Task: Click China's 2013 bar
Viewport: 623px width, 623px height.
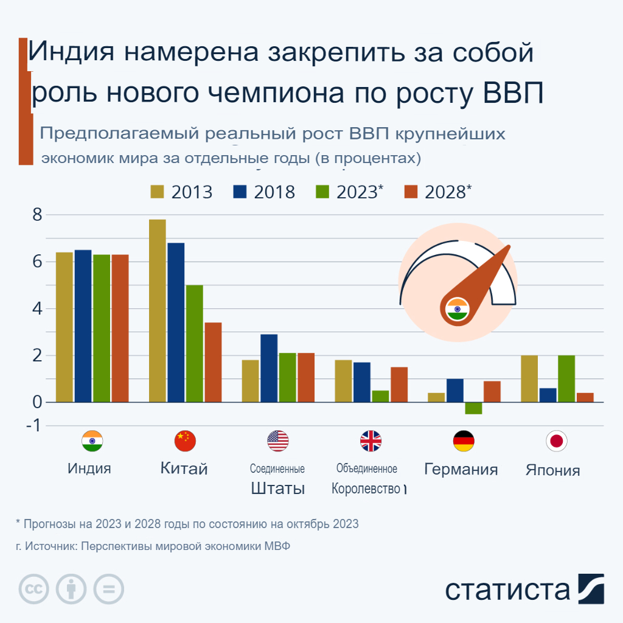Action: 157,310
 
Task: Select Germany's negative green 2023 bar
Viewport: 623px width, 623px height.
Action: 473,408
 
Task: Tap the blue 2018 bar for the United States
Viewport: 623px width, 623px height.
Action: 269,368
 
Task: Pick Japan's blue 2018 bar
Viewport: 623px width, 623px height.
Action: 548,395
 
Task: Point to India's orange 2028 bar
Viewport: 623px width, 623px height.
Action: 120,328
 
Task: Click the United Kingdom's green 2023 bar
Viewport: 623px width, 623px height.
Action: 380,396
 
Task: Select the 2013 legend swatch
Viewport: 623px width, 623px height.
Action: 158,192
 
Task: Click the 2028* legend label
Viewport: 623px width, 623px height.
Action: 448,192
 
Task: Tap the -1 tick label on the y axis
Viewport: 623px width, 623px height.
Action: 33,426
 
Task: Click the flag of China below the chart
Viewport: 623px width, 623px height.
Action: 185,440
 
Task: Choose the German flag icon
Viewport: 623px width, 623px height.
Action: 464,440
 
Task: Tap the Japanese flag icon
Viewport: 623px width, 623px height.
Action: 555,440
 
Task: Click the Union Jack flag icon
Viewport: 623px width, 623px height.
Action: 371,440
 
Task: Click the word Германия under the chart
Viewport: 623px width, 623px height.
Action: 461,469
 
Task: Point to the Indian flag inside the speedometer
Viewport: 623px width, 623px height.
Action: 456,309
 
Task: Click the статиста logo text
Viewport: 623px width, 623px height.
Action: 507,590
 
